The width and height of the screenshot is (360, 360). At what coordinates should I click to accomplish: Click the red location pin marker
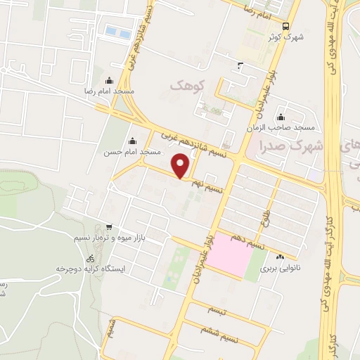point(181,167)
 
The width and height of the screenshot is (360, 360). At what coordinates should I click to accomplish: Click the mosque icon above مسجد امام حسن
point(131,141)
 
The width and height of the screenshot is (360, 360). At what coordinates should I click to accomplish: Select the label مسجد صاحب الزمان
point(279,129)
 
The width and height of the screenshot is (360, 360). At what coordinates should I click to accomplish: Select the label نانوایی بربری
point(281,269)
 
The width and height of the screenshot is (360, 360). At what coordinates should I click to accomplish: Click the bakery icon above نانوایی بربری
point(281,257)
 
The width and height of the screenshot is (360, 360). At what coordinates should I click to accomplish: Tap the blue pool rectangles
point(117,32)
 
